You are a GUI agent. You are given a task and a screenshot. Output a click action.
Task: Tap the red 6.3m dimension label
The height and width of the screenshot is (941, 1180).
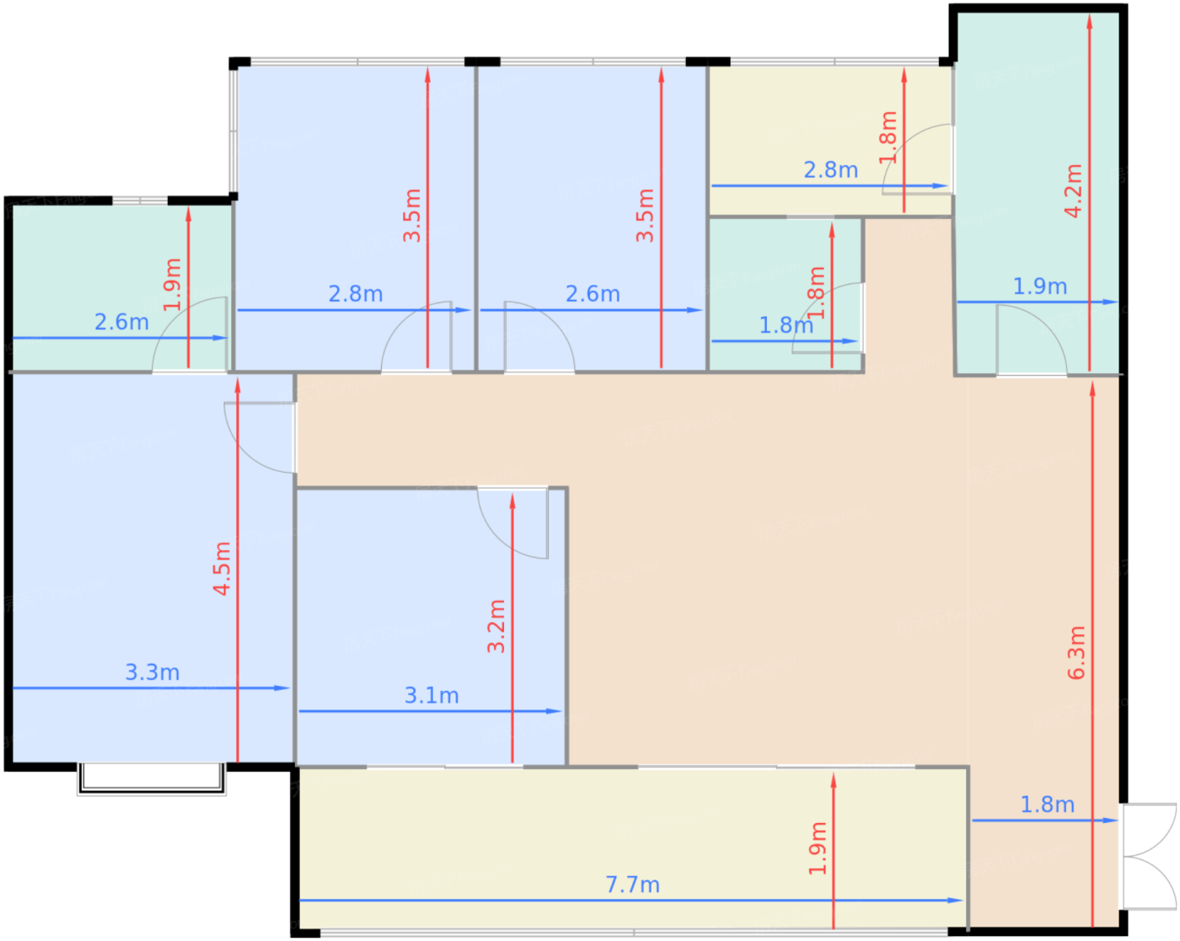[1075, 652]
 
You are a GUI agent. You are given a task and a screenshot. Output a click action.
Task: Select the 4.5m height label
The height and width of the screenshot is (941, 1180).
[222, 568]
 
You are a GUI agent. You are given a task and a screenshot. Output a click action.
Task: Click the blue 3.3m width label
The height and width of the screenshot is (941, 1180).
[153, 672]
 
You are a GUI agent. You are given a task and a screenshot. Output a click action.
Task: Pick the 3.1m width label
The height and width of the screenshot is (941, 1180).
[432, 696]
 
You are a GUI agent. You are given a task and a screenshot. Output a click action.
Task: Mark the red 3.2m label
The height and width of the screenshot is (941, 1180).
[496, 626]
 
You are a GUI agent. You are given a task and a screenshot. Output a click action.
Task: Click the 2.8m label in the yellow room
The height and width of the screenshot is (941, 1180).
[831, 170]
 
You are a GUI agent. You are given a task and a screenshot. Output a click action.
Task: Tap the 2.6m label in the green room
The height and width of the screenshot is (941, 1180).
[121, 322]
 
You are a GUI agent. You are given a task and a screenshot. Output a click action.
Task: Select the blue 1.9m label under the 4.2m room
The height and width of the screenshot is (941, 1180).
[1039, 286]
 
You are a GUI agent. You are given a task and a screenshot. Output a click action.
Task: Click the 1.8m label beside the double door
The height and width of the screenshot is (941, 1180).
[1048, 805]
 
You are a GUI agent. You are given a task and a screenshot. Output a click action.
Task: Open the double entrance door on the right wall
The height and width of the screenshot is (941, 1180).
[1150, 856]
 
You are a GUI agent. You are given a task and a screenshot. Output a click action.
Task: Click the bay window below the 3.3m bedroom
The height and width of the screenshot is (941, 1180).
[152, 778]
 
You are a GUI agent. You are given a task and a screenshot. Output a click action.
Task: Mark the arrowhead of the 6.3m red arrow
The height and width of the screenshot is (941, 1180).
[1092, 388]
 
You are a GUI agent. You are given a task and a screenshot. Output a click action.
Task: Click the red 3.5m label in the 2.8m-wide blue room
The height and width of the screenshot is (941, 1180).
[411, 216]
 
